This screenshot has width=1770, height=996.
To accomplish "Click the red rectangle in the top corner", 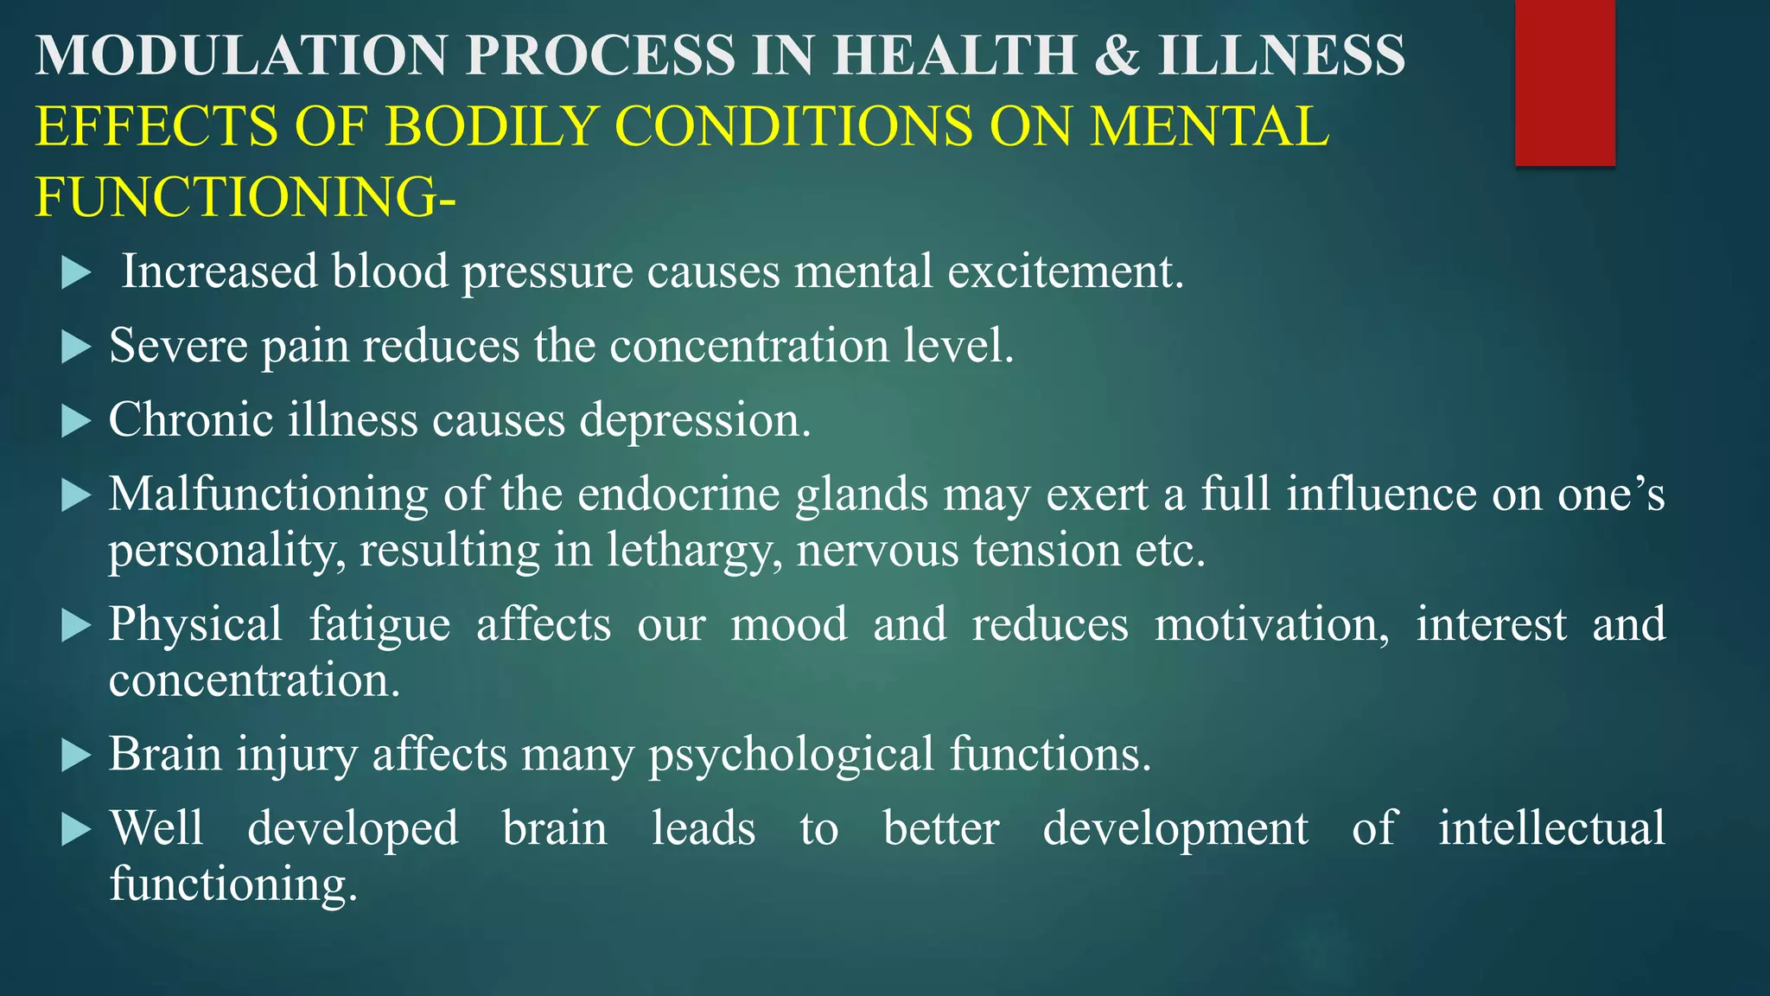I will [1564, 82].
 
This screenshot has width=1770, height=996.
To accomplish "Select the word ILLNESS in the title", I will [1282, 55].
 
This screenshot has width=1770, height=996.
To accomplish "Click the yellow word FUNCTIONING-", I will [245, 197].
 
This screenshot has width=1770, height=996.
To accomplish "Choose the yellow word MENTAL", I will [1209, 126].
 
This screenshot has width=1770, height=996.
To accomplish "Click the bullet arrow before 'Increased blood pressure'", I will [76, 274].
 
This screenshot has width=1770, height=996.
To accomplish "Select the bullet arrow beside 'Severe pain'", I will [76, 348].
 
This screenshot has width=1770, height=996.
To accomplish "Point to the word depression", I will [695, 421].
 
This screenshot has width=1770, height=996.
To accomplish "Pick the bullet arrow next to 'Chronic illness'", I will [76, 423].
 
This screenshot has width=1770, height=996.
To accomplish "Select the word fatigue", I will [380, 625].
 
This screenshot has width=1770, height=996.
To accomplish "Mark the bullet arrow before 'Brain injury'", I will [76, 757].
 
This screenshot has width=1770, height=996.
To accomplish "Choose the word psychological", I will [791, 755].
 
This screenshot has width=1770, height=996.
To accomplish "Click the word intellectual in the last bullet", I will [1551, 828].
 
